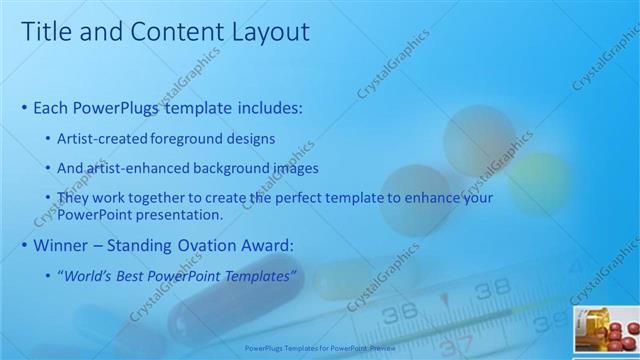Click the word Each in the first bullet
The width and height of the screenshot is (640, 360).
click(x=51, y=107)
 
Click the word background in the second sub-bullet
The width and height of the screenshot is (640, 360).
click(x=237, y=168)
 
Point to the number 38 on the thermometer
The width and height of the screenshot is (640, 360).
click(x=492, y=290)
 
